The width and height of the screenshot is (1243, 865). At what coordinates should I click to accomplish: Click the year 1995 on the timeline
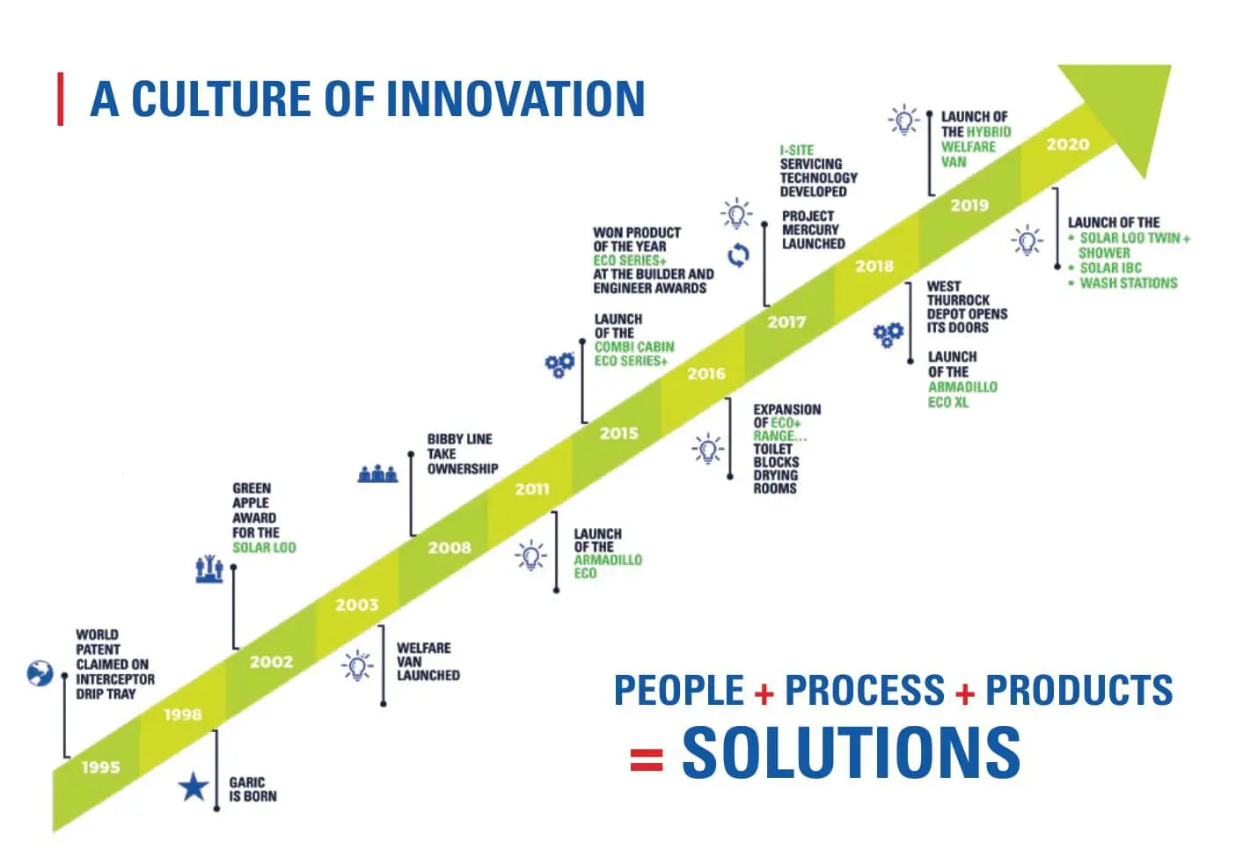tap(100, 767)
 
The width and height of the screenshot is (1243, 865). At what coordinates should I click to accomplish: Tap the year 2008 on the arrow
tap(450, 547)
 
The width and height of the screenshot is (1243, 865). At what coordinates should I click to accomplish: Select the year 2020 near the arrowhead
tap(1067, 144)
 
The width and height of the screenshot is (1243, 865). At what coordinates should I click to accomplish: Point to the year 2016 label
tap(706, 374)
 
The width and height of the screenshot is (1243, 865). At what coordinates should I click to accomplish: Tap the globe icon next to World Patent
tap(40, 674)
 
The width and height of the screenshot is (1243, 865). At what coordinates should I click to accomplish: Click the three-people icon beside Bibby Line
tap(377, 473)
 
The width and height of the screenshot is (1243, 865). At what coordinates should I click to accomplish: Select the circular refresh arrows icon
tap(738, 255)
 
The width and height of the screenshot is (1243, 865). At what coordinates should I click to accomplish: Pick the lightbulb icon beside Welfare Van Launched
tap(357, 666)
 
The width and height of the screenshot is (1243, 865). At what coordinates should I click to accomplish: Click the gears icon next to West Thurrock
tap(888, 334)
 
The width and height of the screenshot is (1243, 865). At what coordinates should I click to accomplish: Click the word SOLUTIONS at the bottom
tap(851, 752)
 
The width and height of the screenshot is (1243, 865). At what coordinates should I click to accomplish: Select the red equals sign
tap(647, 759)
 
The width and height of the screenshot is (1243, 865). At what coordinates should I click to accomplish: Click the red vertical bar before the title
tap(61, 99)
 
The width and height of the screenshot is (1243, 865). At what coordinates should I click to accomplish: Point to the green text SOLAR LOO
tap(264, 547)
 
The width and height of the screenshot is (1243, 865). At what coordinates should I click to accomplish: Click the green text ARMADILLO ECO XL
tap(961, 394)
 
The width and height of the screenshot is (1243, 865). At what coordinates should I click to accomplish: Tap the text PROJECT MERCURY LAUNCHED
tap(813, 230)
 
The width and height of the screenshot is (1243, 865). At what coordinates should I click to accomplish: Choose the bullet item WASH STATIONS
tap(1128, 283)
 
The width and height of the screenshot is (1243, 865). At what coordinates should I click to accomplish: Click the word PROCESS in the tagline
tap(865, 691)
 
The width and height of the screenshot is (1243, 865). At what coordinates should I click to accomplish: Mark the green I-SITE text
tap(796, 150)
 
